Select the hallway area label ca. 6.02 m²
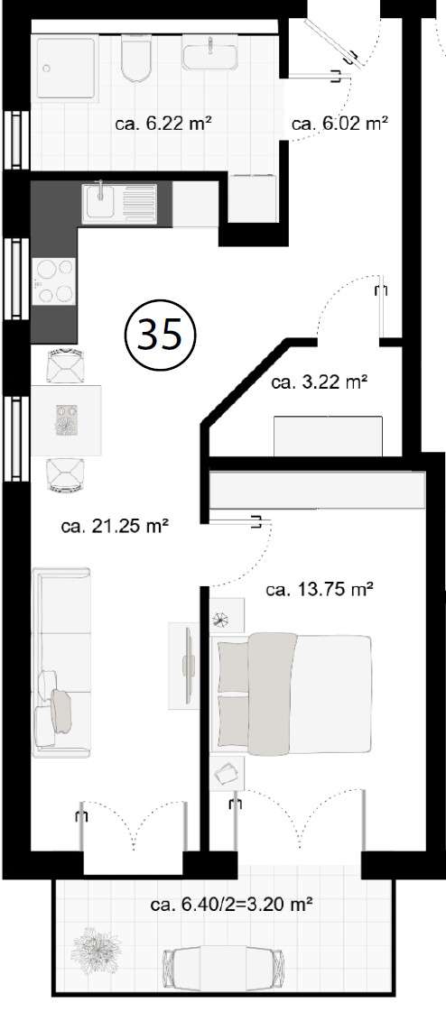tap(339, 125)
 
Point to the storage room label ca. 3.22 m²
tap(319, 382)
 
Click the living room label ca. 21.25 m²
tap(115, 527)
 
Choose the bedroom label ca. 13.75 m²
tap(320, 590)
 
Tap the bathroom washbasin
tap(210, 56)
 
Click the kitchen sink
tap(119, 202)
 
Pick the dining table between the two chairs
tap(67, 420)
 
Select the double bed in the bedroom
tap(291, 693)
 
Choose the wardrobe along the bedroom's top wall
tap(316, 491)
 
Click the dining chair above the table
tap(65, 364)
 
